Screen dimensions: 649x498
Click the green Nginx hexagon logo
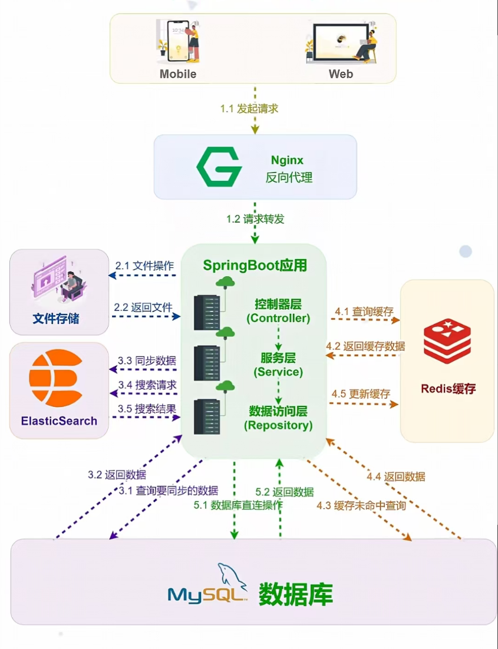pos(219,167)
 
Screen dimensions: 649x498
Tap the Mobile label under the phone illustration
pos(177,74)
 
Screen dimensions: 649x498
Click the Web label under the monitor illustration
pos(341,74)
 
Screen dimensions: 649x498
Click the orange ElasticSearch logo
pos(56,377)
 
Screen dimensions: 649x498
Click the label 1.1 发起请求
pos(249,108)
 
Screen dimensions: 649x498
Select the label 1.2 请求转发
pos(255,219)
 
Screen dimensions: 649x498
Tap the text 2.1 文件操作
pos(144,266)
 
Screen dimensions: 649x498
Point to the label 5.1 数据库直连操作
pos(238,505)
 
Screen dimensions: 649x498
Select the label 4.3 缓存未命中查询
pos(361,505)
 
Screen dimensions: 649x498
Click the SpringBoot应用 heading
pos(255,265)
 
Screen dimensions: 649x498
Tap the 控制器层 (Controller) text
pos(278,311)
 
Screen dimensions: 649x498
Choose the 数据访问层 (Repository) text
pos(278,418)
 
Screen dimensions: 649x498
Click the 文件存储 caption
pos(55,319)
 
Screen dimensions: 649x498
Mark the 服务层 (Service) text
pos(278,365)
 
